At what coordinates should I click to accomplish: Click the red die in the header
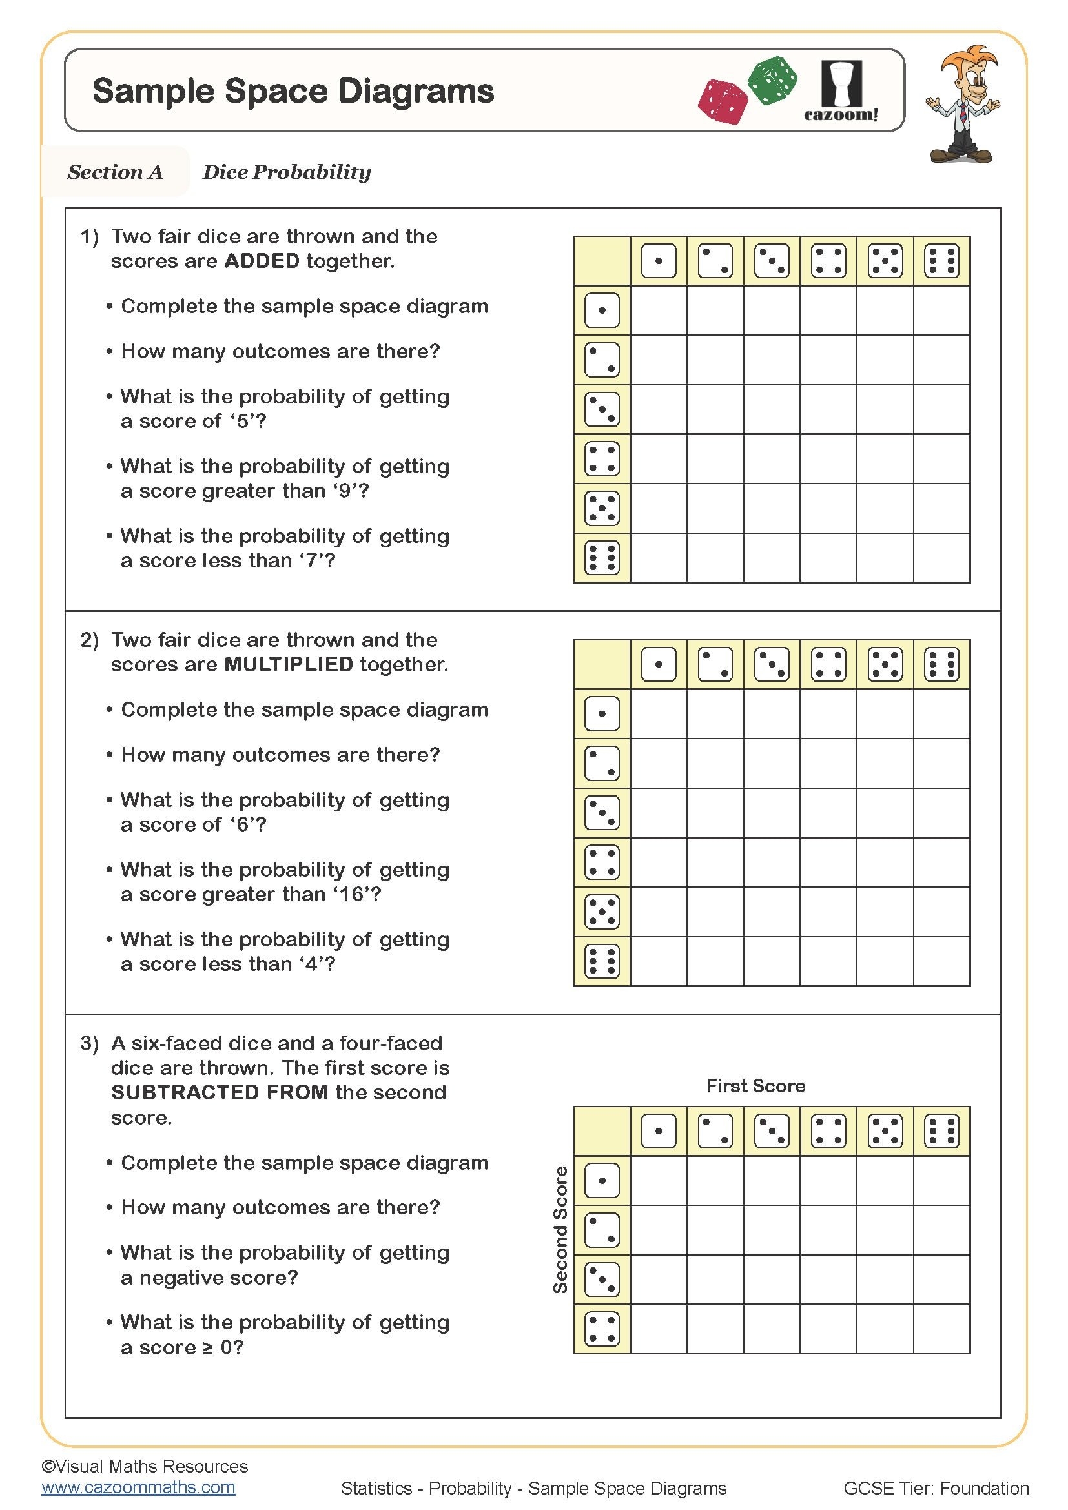coord(723,102)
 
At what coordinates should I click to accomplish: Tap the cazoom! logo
coord(841,92)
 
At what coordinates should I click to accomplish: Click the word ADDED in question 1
coord(262,261)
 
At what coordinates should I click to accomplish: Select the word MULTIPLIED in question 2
coord(289,664)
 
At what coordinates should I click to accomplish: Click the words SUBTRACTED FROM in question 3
coord(220,1092)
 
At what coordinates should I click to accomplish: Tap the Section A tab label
coord(115,172)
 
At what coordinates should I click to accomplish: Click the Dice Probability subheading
coord(287,172)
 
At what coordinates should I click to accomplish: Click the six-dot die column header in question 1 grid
coord(941,261)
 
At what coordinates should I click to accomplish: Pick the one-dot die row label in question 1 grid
coord(602,311)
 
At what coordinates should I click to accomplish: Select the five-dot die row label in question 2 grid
coord(602,912)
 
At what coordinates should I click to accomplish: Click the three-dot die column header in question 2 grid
coord(772,664)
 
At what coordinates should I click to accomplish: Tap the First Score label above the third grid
coord(755,1086)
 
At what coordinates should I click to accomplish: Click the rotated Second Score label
coord(560,1230)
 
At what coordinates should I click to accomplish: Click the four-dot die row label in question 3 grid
coord(602,1329)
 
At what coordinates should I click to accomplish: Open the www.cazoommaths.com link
coord(138,1487)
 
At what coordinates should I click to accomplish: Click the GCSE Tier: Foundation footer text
coord(935,1487)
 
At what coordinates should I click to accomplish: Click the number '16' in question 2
coord(352,894)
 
